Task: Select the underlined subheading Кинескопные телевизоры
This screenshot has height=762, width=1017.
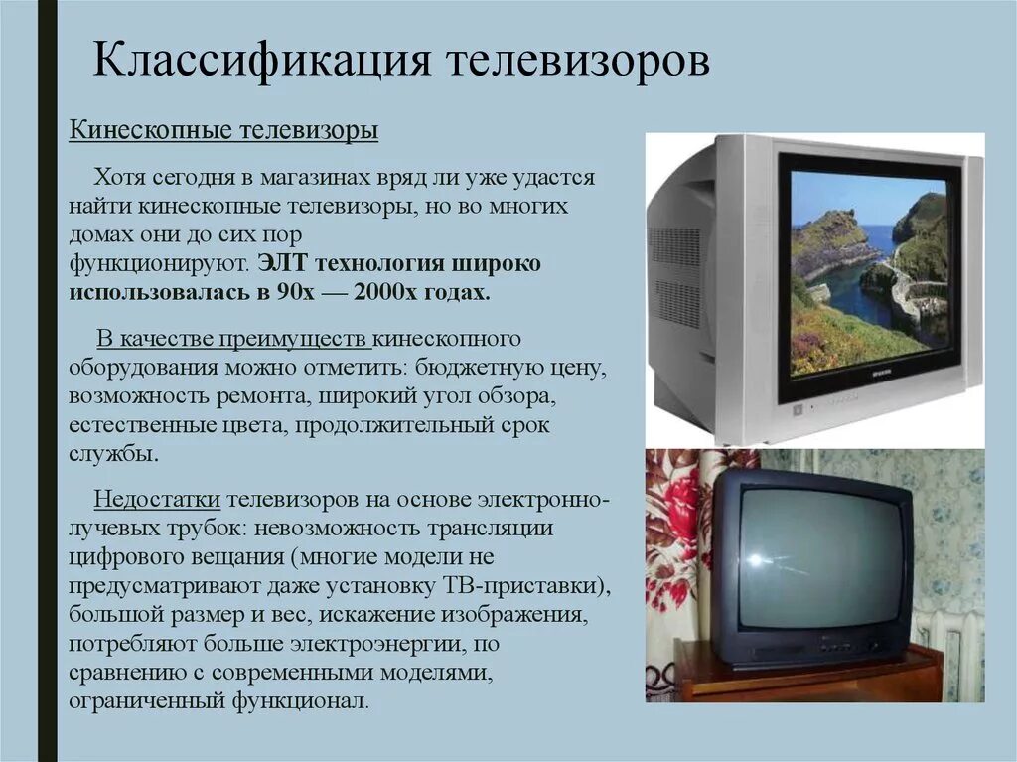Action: (223, 132)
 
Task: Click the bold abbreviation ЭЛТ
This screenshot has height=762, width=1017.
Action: (283, 265)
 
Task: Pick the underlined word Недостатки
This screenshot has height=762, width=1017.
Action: (157, 498)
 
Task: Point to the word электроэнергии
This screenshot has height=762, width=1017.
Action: (384, 643)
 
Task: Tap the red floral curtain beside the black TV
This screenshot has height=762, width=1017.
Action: (677, 556)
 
